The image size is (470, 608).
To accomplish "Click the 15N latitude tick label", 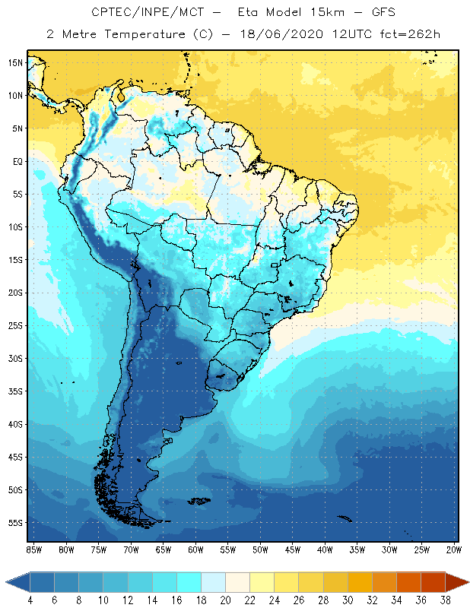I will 15,62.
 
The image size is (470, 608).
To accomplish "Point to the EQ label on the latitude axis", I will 17,161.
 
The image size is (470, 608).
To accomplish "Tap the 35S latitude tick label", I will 15,391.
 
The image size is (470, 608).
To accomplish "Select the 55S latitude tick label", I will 15,522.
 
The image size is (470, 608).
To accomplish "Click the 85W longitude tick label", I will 33,549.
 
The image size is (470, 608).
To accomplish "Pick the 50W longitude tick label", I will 261,549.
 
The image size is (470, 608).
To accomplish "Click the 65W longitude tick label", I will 164,549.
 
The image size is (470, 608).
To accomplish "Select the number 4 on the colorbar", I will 30,600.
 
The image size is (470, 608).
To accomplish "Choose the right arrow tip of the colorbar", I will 467,582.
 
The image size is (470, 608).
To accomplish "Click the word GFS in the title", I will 383,13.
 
